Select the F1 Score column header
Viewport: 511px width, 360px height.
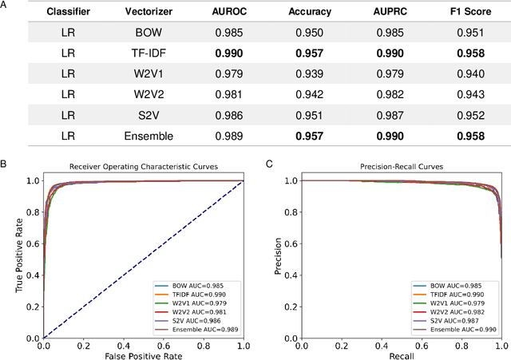click(x=465, y=12)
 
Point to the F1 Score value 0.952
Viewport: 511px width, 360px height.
click(x=465, y=114)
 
